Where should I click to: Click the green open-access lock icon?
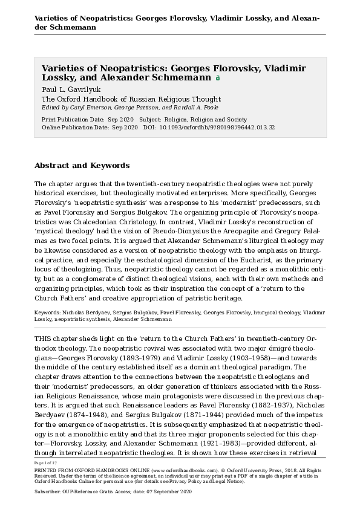click(x=218, y=78)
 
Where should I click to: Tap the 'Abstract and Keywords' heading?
click(x=82, y=165)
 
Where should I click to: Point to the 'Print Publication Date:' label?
click(x=64, y=120)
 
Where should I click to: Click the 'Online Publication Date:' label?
click(x=66, y=128)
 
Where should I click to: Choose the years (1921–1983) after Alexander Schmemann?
click(x=215, y=441)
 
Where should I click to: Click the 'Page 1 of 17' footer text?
click(x=45, y=463)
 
